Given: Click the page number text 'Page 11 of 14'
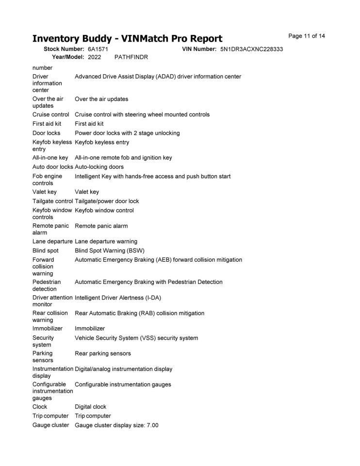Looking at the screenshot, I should pyautogui.click(x=306, y=36).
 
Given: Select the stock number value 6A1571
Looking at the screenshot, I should pyautogui.click(x=98, y=50).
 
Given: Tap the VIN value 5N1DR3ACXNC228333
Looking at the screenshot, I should pyautogui.click(x=251, y=50).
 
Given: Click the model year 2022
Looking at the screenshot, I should pyautogui.click(x=95, y=57).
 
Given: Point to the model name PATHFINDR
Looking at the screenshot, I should pyautogui.click(x=131, y=57).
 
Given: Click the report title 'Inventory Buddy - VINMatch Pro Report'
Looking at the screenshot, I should pyautogui.click(x=127, y=38).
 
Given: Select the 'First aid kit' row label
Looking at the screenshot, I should pyautogui.click(x=47, y=124).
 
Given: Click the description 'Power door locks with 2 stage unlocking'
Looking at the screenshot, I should pyautogui.click(x=127, y=133).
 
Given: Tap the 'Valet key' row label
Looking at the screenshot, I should pyautogui.click(x=45, y=192).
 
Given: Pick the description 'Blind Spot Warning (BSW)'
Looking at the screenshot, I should pyautogui.click(x=110, y=251).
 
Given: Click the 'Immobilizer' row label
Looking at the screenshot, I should pyautogui.click(x=48, y=329).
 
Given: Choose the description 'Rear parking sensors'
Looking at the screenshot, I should pyautogui.click(x=103, y=353).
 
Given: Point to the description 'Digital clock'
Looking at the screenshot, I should pyautogui.click(x=91, y=407).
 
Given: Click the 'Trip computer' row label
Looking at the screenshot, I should pyautogui.click(x=50, y=416).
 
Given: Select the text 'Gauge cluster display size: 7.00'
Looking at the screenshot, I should pyautogui.click(x=116, y=426).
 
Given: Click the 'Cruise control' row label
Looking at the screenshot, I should pyautogui.click(x=51, y=115).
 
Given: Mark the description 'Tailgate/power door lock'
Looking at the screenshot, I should pyautogui.click(x=107, y=201).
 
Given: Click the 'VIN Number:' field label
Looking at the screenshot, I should pyautogui.click(x=199, y=50).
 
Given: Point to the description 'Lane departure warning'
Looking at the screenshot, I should pyautogui.click(x=106, y=242).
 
